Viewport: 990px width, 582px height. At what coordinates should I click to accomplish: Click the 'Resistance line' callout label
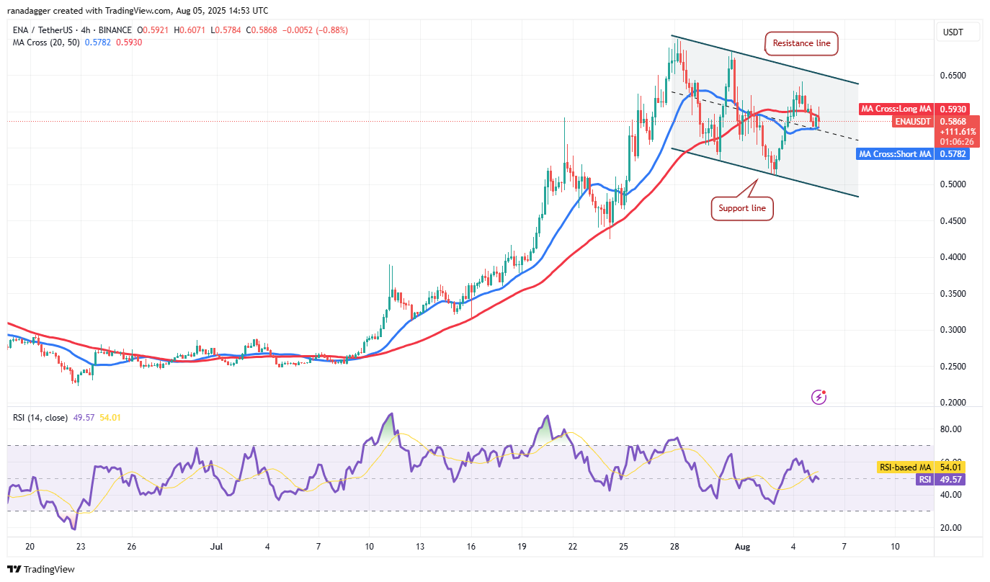tap(801, 43)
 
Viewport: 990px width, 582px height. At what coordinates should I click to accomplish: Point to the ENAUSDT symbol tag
tap(914, 122)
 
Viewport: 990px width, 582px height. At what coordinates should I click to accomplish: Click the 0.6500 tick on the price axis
tap(952, 76)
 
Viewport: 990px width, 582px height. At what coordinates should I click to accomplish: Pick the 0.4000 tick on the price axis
tap(952, 257)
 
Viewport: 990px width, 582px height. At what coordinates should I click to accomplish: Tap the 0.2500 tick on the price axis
tap(952, 367)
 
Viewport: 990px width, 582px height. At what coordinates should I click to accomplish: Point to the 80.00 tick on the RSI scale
tap(950, 429)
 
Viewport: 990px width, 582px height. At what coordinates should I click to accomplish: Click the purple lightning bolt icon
tap(819, 396)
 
